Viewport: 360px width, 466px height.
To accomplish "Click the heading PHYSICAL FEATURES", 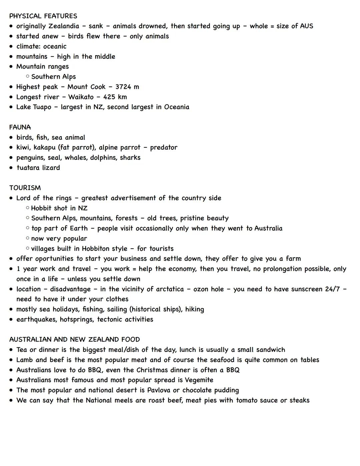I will pos(43,16).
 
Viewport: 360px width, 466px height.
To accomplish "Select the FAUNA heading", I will pos(20,127).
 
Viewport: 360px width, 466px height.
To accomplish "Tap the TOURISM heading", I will pos(25,188).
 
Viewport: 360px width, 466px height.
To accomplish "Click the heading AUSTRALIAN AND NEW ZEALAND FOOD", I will pos(74,340).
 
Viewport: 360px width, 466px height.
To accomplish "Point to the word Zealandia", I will pos(64,26).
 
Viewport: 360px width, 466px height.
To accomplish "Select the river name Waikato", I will pos(81,97).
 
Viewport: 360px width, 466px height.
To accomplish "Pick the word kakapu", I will pos(44,147).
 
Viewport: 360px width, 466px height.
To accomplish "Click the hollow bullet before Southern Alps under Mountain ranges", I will pos(28,76).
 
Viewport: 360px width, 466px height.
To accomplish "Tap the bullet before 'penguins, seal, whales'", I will pos(11,158).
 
